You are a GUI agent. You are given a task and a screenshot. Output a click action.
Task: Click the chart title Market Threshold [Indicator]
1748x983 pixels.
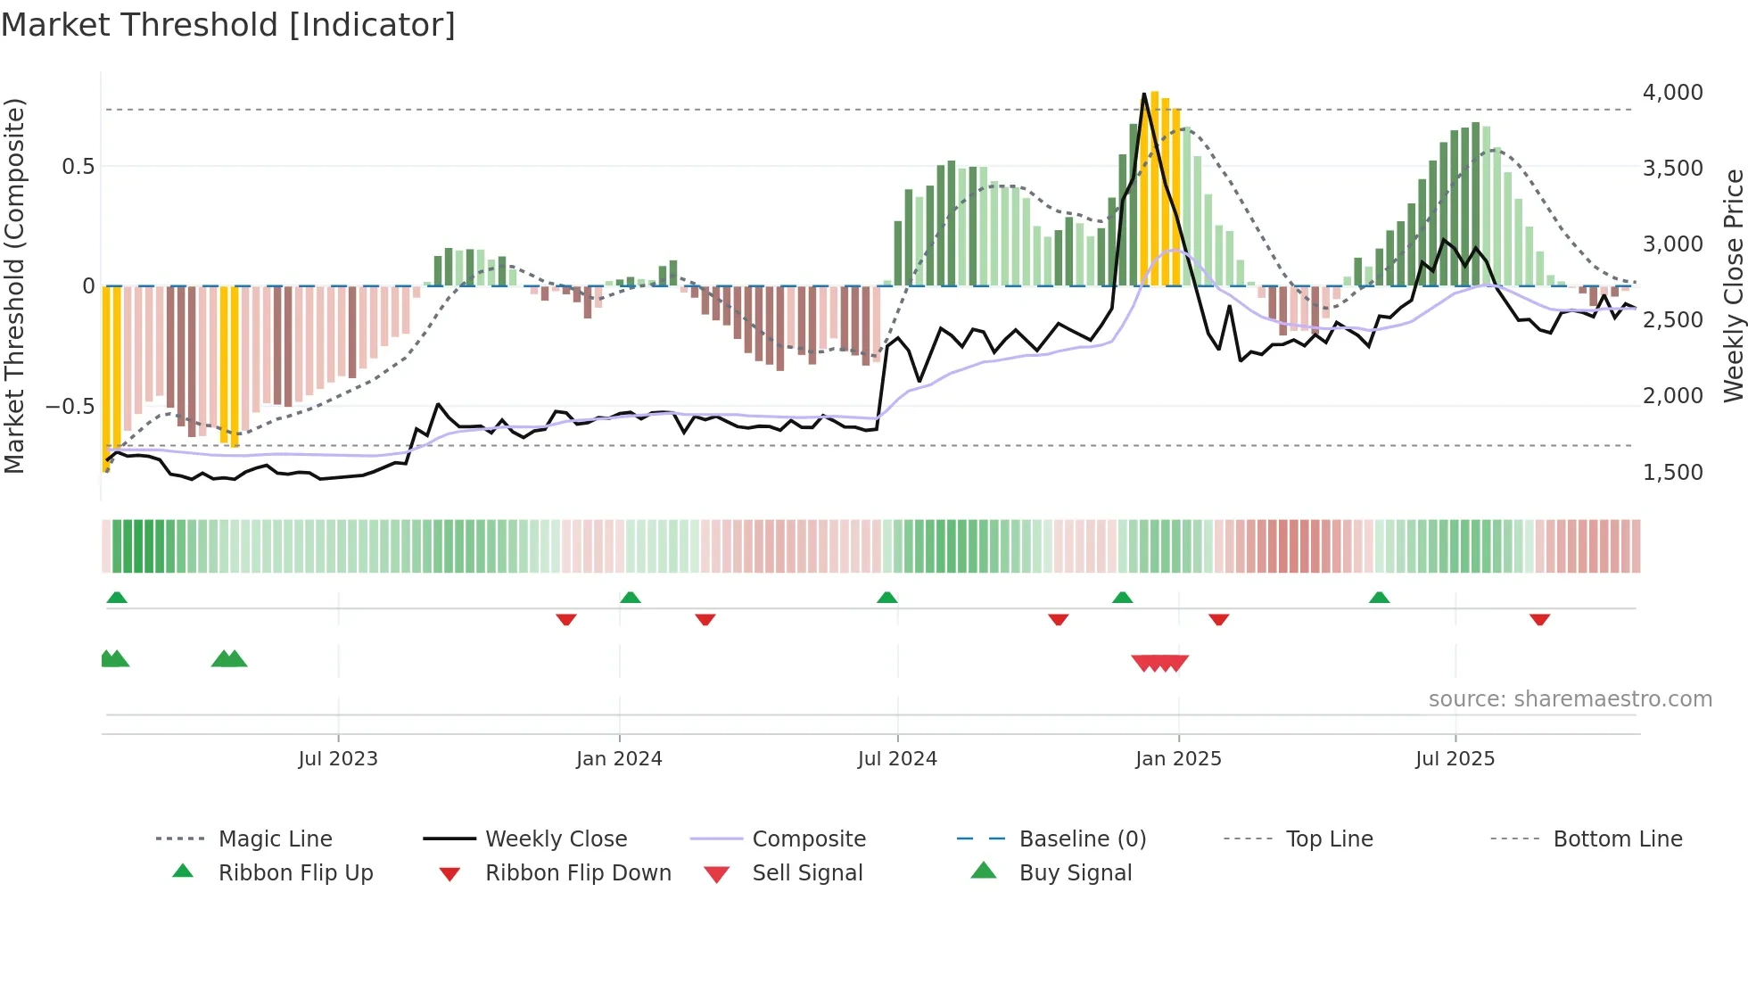228,25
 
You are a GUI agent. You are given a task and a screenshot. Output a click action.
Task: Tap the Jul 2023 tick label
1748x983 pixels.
338,759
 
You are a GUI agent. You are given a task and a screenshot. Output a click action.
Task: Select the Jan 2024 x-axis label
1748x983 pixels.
619,759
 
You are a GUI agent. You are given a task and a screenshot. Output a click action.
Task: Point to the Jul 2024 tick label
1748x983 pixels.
897,759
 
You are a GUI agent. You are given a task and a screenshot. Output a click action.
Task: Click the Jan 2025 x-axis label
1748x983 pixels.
1178,759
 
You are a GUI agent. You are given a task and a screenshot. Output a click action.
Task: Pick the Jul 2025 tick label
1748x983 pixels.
1455,759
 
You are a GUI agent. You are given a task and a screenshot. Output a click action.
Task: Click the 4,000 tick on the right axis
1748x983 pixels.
1672,93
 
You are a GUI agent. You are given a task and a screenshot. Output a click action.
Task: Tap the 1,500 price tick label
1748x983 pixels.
1672,473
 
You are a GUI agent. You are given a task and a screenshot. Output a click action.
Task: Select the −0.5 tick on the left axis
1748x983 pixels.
70,407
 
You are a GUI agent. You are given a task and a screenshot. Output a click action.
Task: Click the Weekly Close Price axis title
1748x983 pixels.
1733,285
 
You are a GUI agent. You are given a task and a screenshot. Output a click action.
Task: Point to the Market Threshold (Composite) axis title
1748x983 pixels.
14,285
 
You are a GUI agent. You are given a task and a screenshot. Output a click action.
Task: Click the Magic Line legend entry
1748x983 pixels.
275,839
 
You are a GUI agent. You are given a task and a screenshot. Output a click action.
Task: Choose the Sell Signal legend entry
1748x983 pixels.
807,873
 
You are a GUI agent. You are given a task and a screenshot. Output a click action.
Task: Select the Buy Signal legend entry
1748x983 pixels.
1075,873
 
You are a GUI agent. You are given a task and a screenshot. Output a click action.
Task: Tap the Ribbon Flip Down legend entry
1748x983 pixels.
578,873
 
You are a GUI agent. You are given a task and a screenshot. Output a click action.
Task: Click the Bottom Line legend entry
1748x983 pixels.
1617,839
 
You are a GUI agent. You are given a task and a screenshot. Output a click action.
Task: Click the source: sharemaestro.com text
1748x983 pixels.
1570,699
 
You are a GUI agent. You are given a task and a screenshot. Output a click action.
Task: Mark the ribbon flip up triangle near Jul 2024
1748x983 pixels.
886,598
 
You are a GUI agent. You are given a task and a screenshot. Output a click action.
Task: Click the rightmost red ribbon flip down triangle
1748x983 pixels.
1539,619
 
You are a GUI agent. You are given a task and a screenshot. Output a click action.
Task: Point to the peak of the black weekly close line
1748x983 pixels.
1144,94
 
